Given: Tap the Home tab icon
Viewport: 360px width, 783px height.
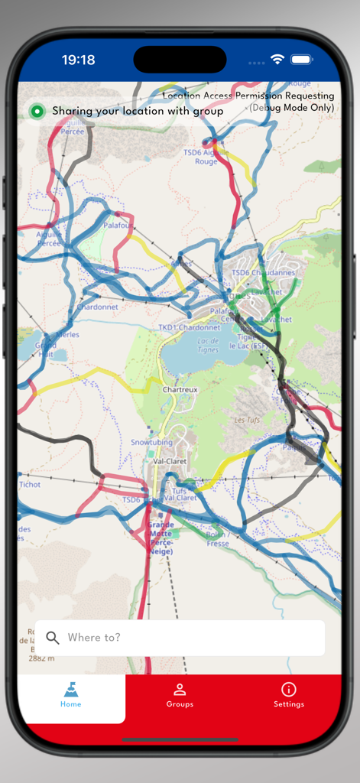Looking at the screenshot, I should [71, 690].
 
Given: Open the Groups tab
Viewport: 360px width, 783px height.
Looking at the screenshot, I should [180, 690].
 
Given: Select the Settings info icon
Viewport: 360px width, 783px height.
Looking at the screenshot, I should [289, 690].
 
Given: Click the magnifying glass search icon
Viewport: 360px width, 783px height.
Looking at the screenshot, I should [53, 638].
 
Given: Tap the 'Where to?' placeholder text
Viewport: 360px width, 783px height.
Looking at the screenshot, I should [94, 638].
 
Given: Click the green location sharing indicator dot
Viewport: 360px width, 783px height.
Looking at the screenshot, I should [37, 112].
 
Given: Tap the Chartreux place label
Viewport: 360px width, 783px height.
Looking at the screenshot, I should [180, 389].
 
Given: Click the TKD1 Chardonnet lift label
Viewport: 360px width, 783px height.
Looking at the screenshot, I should [189, 327].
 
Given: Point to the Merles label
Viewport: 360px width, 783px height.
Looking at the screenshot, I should [67, 335].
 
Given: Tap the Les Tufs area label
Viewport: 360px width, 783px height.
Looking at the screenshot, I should [246, 420].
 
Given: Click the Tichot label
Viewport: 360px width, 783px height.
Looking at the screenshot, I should [30, 485].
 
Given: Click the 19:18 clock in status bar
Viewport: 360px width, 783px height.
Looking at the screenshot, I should [79, 60].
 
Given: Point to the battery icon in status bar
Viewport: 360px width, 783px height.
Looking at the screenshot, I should [302, 60].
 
